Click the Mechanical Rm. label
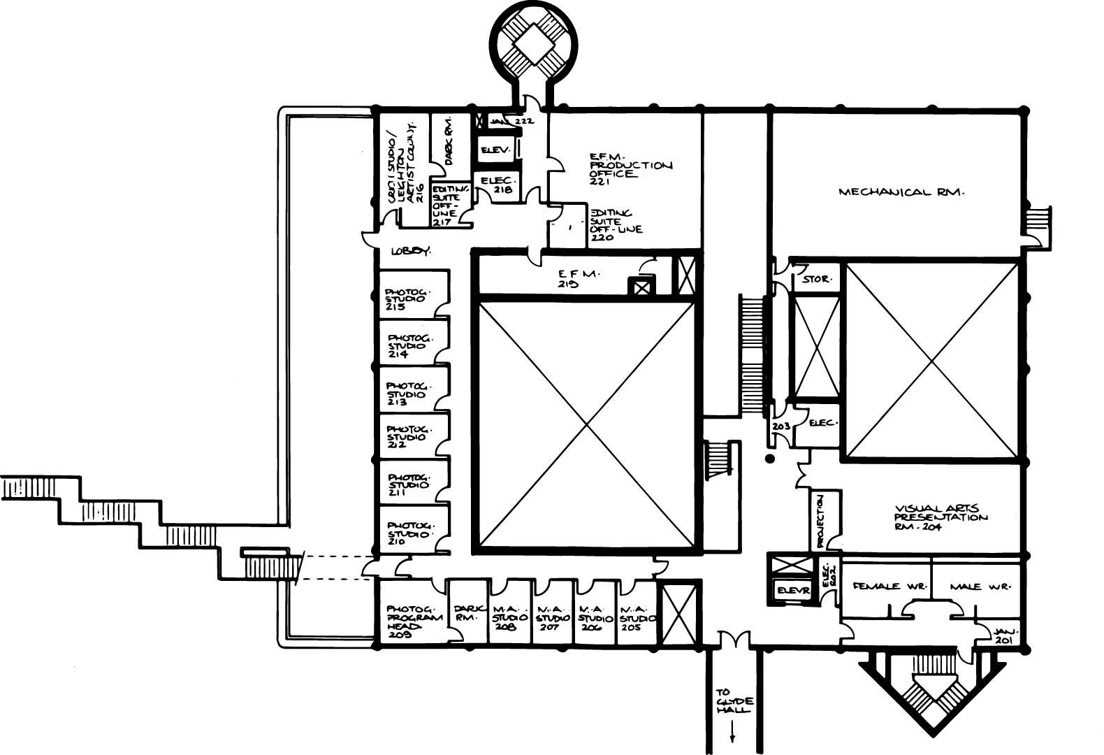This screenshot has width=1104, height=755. tap(901, 192)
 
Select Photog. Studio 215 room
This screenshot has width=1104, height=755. tap(407, 299)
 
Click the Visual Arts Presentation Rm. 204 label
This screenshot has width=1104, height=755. tap(940, 518)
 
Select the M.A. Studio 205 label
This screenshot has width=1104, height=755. tap(637, 618)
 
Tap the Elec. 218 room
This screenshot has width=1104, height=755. tap(497, 185)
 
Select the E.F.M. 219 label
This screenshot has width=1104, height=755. tap(576, 279)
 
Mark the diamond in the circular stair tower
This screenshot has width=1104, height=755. tap(535, 47)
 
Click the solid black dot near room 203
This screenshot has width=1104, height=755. tap(770, 459)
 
